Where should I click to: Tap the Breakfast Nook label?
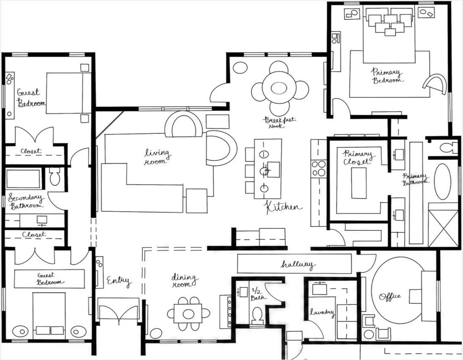click(279, 122)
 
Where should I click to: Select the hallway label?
click(298, 264)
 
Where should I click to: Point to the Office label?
click(390, 296)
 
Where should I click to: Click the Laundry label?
click(322, 312)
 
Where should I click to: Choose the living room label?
click(157, 157)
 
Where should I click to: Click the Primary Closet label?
click(357, 158)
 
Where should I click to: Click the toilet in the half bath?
click(257, 315)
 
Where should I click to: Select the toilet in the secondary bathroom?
click(55, 176)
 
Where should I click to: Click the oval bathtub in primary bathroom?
click(442, 182)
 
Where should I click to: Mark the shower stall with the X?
click(444, 228)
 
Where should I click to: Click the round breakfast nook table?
click(279, 88)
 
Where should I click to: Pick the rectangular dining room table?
click(188, 313)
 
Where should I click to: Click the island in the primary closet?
click(359, 183)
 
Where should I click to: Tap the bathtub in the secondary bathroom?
click(23, 179)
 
